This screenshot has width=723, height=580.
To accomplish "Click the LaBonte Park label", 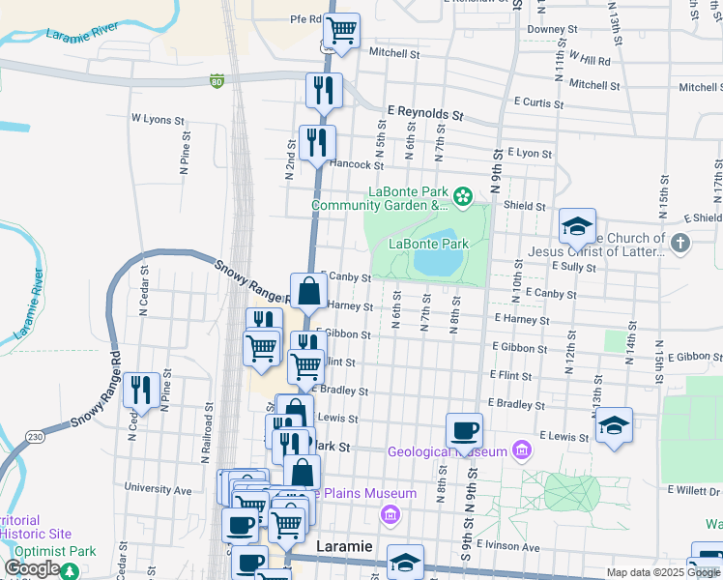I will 428,244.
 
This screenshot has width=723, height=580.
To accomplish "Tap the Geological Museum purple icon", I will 523,450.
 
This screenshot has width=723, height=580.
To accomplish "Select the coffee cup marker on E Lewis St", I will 464,429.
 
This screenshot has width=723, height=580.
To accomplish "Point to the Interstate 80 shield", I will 217,82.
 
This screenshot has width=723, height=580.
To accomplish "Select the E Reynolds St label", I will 425,113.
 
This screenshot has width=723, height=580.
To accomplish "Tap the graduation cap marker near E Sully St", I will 577,227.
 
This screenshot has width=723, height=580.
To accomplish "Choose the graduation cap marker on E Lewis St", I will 614,424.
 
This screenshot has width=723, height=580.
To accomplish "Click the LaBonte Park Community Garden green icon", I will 463,197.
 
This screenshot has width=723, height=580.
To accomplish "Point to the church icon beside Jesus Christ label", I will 680,242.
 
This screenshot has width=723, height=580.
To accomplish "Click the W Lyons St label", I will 158,120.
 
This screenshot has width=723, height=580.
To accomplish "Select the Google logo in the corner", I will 31,568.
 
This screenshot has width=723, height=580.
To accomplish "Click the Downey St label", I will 552,29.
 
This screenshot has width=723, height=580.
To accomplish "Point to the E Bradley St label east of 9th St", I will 516,403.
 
